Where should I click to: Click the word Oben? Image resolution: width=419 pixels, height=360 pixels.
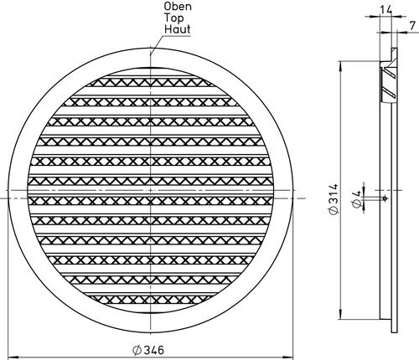pyautogui.click(x=178, y=7)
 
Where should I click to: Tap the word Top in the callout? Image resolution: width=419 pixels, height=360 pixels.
pyautogui.click(x=173, y=18)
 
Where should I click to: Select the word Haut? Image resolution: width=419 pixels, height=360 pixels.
pyautogui.click(x=178, y=29)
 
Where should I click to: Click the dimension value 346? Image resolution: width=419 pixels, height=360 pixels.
pyautogui.click(x=153, y=350)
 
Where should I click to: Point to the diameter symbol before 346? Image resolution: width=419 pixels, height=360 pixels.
pyautogui.click(x=137, y=350)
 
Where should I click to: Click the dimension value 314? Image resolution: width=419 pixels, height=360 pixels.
pyautogui.click(x=334, y=194)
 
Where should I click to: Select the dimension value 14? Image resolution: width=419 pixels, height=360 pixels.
pyautogui.click(x=386, y=10)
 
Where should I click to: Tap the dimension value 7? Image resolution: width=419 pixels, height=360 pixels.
pyautogui.click(x=412, y=26)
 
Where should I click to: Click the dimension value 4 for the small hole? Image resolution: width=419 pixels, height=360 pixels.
pyautogui.click(x=356, y=193)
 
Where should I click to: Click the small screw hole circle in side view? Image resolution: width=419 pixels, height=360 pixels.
pyautogui.click(x=385, y=198)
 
